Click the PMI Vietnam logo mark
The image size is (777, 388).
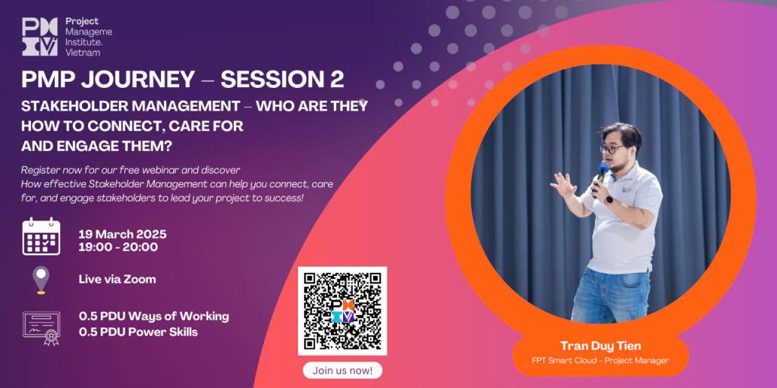[x=39, y=36]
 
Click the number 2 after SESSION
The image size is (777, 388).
[x=336, y=80]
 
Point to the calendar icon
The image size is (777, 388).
[x=41, y=236]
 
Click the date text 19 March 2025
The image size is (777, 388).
[x=122, y=234]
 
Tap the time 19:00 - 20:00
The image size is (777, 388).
[x=118, y=247]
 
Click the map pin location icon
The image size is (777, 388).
[x=41, y=280]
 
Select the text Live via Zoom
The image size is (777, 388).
[x=118, y=279]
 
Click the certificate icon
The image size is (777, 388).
[x=42, y=327]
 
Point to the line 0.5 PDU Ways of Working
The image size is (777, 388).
[x=153, y=316]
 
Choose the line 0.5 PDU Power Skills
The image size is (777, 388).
[x=138, y=332]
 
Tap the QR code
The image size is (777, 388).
[x=342, y=311]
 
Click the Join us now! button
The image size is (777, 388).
[x=342, y=370]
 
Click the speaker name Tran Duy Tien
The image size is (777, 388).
[x=601, y=346]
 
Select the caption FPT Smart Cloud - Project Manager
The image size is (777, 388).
[x=600, y=360]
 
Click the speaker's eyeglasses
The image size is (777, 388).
[x=612, y=149]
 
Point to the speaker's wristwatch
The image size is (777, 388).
[x=609, y=200]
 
